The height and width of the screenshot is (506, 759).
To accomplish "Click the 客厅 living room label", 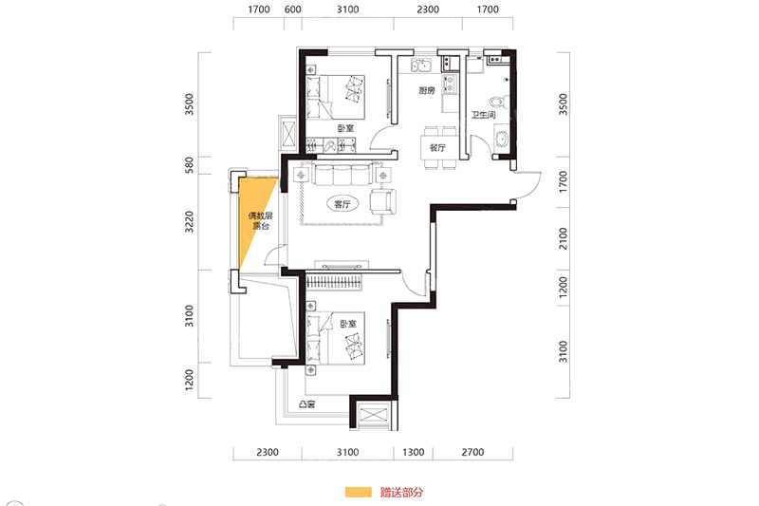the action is [x=342, y=204].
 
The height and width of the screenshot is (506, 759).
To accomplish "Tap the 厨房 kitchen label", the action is [x=426, y=90].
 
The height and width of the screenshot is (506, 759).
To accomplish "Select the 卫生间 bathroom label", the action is [x=484, y=115].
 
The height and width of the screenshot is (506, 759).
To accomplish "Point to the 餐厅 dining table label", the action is [x=437, y=148].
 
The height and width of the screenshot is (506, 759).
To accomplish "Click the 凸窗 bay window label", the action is [x=306, y=403].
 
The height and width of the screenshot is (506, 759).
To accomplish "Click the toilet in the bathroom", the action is [x=498, y=102].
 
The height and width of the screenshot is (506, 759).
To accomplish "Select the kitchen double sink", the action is [x=421, y=65].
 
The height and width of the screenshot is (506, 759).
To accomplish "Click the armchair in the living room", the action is [x=383, y=201].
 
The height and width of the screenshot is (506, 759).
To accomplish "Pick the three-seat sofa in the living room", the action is [x=342, y=175].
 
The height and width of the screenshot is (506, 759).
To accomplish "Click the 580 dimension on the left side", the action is [x=189, y=165].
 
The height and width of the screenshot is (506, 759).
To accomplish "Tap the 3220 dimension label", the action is [x=189, y=222].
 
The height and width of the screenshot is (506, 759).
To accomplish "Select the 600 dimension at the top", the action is [x=293, y=9].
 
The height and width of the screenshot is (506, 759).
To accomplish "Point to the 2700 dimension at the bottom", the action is [x=472, y=452].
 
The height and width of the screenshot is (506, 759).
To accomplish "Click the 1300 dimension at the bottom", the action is [x=414, y=452].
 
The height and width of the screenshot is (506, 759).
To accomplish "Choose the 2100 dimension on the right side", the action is [x=563, y=238].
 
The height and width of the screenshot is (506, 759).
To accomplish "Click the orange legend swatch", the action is [x=359, y=492].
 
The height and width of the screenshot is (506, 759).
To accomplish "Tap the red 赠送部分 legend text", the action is [x=401, y=493].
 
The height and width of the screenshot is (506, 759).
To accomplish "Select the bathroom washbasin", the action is [x=501, y=139].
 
